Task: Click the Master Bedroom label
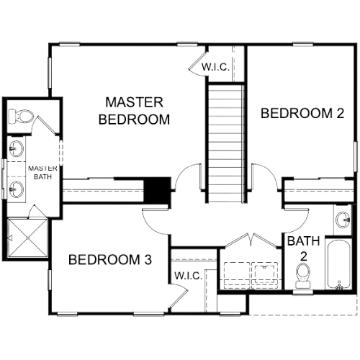coord(134,111)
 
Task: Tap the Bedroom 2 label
coord(302,113)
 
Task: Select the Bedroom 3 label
coord(110,260)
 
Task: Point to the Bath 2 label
coord(304,248)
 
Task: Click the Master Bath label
coord(42,172)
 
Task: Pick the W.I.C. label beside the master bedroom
coord(215,67)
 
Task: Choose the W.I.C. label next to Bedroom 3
coord(188,276)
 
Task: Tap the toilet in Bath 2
coord(302,276)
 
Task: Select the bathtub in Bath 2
coord(338,264)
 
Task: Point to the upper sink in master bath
coord(17,148)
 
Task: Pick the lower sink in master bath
coord(17,189)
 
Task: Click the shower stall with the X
coord(28,238)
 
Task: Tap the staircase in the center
coord(226,143)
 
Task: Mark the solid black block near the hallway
coord(157,189)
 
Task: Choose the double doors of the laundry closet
coord(251,240)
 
